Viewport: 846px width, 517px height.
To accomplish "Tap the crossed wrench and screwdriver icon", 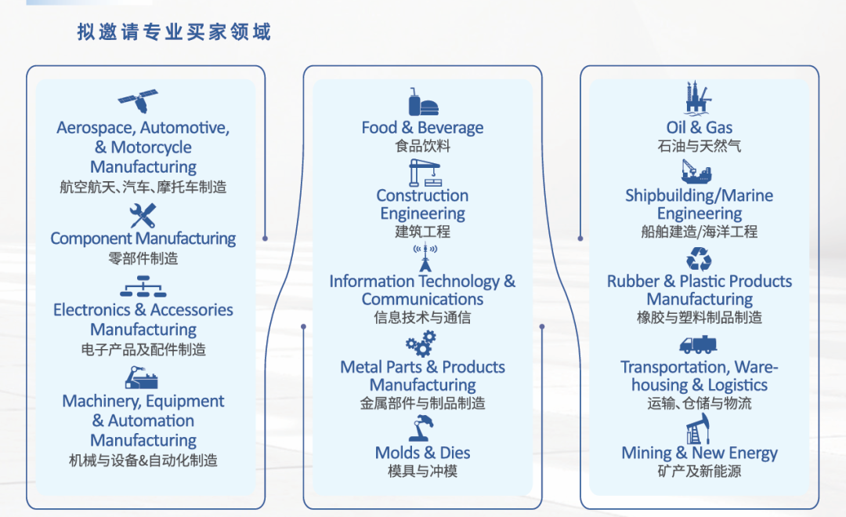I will tap(143, 214).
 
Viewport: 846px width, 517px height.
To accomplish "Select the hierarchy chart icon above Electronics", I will tap(143, 287).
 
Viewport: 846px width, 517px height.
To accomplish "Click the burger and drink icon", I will tap(422, 102).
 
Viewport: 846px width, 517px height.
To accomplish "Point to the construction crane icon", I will tap(422, 172).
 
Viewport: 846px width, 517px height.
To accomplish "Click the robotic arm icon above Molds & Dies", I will tap(422, 428).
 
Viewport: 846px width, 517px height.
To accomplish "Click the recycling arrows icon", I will tap(699, 259).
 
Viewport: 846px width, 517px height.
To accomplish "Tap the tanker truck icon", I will tap(699, 344).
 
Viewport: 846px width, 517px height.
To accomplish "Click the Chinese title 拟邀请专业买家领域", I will tap(174, 31).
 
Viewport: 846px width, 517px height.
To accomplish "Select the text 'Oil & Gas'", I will tap(700, 128).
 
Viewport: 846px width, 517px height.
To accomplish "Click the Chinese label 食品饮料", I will tap(422, 146).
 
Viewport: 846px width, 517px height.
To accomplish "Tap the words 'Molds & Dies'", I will tap(422, 453).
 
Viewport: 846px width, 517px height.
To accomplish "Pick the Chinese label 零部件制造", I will tap(143, 258).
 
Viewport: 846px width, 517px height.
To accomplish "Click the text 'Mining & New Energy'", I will tap(700, 453).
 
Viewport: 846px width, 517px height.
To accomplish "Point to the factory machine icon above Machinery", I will tap(142, 379).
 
